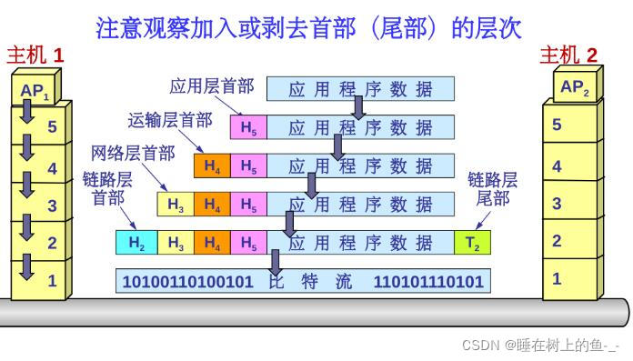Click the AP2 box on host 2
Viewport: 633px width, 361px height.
[x=575, y=87]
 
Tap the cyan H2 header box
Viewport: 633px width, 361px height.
[x=136, y=243]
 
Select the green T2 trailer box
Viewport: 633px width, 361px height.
[x=473, y=243]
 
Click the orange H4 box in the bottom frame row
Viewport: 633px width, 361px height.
[x=211, y=243]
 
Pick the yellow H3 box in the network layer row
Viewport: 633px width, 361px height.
[x=176, y=205]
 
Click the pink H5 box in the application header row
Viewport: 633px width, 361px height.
[x=248, y=128]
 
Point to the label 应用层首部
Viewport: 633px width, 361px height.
[x=212, y=87]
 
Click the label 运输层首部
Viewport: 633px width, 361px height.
[x=170, y=120]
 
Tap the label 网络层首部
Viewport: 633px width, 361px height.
[x=133, y=153]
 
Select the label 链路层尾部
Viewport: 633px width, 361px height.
[x=492, y=188]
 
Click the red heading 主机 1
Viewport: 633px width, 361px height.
[x=35, y=55]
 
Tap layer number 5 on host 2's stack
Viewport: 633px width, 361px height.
[x=557, y=125]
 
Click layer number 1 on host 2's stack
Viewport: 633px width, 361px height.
[x=557, y=279]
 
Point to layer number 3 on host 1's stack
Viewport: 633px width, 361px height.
[x=52, y=206]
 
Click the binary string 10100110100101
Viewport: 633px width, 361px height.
[x=187, y=282]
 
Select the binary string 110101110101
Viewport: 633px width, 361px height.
[x=428, y=282]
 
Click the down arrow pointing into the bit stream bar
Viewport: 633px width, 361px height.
[x=275, y=260]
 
